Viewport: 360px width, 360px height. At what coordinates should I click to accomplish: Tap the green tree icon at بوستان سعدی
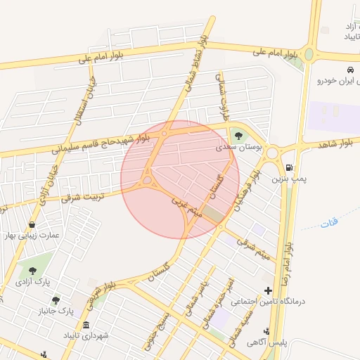click(x=238, y=136)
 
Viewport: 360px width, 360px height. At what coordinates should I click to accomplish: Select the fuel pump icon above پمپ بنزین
click(x=290, y=167)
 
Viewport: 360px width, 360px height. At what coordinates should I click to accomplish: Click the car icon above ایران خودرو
click(x=350, y=69)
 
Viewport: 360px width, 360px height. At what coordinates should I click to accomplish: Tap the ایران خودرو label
click(x=337, y=81)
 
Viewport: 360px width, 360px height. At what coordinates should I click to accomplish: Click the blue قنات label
click(x=328, y=222)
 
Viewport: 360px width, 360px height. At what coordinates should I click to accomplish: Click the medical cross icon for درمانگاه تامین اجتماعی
click(x=267, y=290)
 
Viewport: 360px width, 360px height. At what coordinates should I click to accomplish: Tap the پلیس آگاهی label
click(x=266, y=344)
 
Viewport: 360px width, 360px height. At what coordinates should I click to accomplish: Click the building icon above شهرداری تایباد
click(x=86, y=325)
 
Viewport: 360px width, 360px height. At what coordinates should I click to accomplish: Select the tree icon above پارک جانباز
click(x=56, y=300)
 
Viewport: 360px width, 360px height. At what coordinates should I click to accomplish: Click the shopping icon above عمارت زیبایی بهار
click(x=32, y=224)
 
